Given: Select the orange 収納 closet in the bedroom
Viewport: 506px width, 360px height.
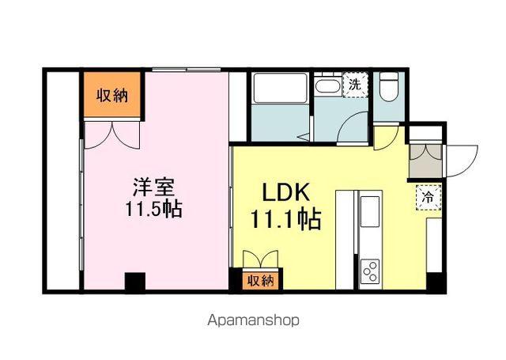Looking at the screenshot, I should [x=112, y=95].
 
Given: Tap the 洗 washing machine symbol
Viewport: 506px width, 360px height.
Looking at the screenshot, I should [x=355, y=84].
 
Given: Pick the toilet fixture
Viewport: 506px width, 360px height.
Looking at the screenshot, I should [x=388, y=89].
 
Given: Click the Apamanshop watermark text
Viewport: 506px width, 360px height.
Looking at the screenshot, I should [x=252, y=321].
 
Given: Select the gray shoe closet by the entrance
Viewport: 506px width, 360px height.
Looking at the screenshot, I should [x=426, y=161].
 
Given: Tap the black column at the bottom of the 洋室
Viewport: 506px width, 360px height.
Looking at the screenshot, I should [x=135, y=282].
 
